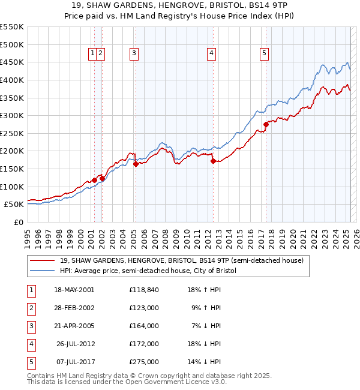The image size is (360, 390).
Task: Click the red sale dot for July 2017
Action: coord(265,125)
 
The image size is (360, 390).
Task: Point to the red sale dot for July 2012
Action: coord(212,160)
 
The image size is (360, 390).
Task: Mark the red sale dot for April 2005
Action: coord(136,164)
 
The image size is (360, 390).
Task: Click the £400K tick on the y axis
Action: coord(13,80)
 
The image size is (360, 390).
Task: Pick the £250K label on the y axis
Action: coord(13,133)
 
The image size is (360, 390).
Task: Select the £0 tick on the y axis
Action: coord(18,222)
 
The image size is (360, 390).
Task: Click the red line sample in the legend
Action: coord(43,260)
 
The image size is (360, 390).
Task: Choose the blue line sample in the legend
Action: coord(43,271)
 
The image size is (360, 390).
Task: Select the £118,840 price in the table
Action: coord(143,290)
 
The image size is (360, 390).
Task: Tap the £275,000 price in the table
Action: coord(143,362)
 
